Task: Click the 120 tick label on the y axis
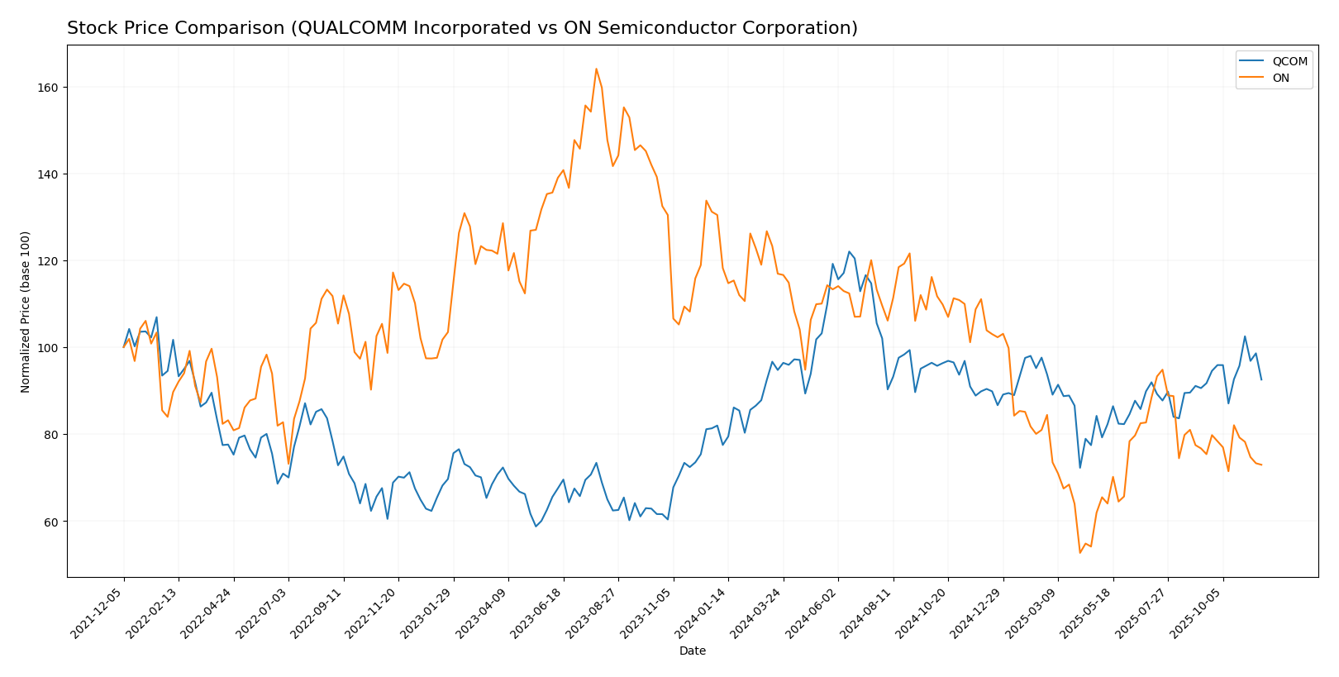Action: tap(50, 261)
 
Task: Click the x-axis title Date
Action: tap(693, 651)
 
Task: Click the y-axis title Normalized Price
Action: tap(26, 312)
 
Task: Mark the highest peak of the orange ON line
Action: tap(596, 69)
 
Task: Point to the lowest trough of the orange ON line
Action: tap(1079, 553)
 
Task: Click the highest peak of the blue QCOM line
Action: tap(849, 251)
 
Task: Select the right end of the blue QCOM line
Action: tap(1261, 379)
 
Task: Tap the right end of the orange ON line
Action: tap(1261, 465)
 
